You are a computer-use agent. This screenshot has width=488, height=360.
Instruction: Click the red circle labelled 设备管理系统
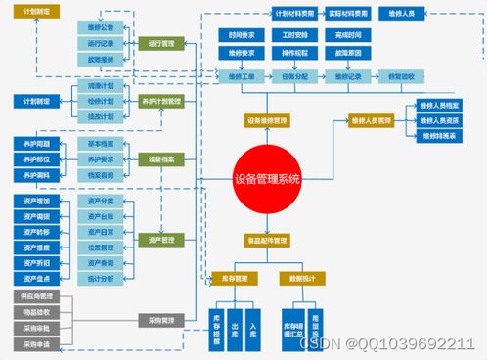(268, 179)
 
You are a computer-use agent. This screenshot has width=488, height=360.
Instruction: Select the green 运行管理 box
(161, 44)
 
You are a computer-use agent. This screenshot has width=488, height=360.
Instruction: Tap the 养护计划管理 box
(161, 101)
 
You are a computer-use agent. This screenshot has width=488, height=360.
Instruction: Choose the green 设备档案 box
(161, 158)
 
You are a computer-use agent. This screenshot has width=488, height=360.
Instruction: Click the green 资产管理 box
(161, 239)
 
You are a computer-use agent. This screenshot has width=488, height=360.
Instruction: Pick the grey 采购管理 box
(161, 320)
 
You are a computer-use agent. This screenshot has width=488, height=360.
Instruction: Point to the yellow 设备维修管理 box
(267, 120)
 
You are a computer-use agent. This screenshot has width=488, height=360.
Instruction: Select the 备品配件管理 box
(267, 240)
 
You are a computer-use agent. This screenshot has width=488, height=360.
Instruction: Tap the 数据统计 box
(300, 277)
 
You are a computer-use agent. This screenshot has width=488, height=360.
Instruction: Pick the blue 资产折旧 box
(38, 263)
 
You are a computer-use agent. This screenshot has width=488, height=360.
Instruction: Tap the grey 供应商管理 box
(38, 295)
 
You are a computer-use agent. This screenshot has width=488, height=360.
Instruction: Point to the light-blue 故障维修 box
(101, 59)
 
